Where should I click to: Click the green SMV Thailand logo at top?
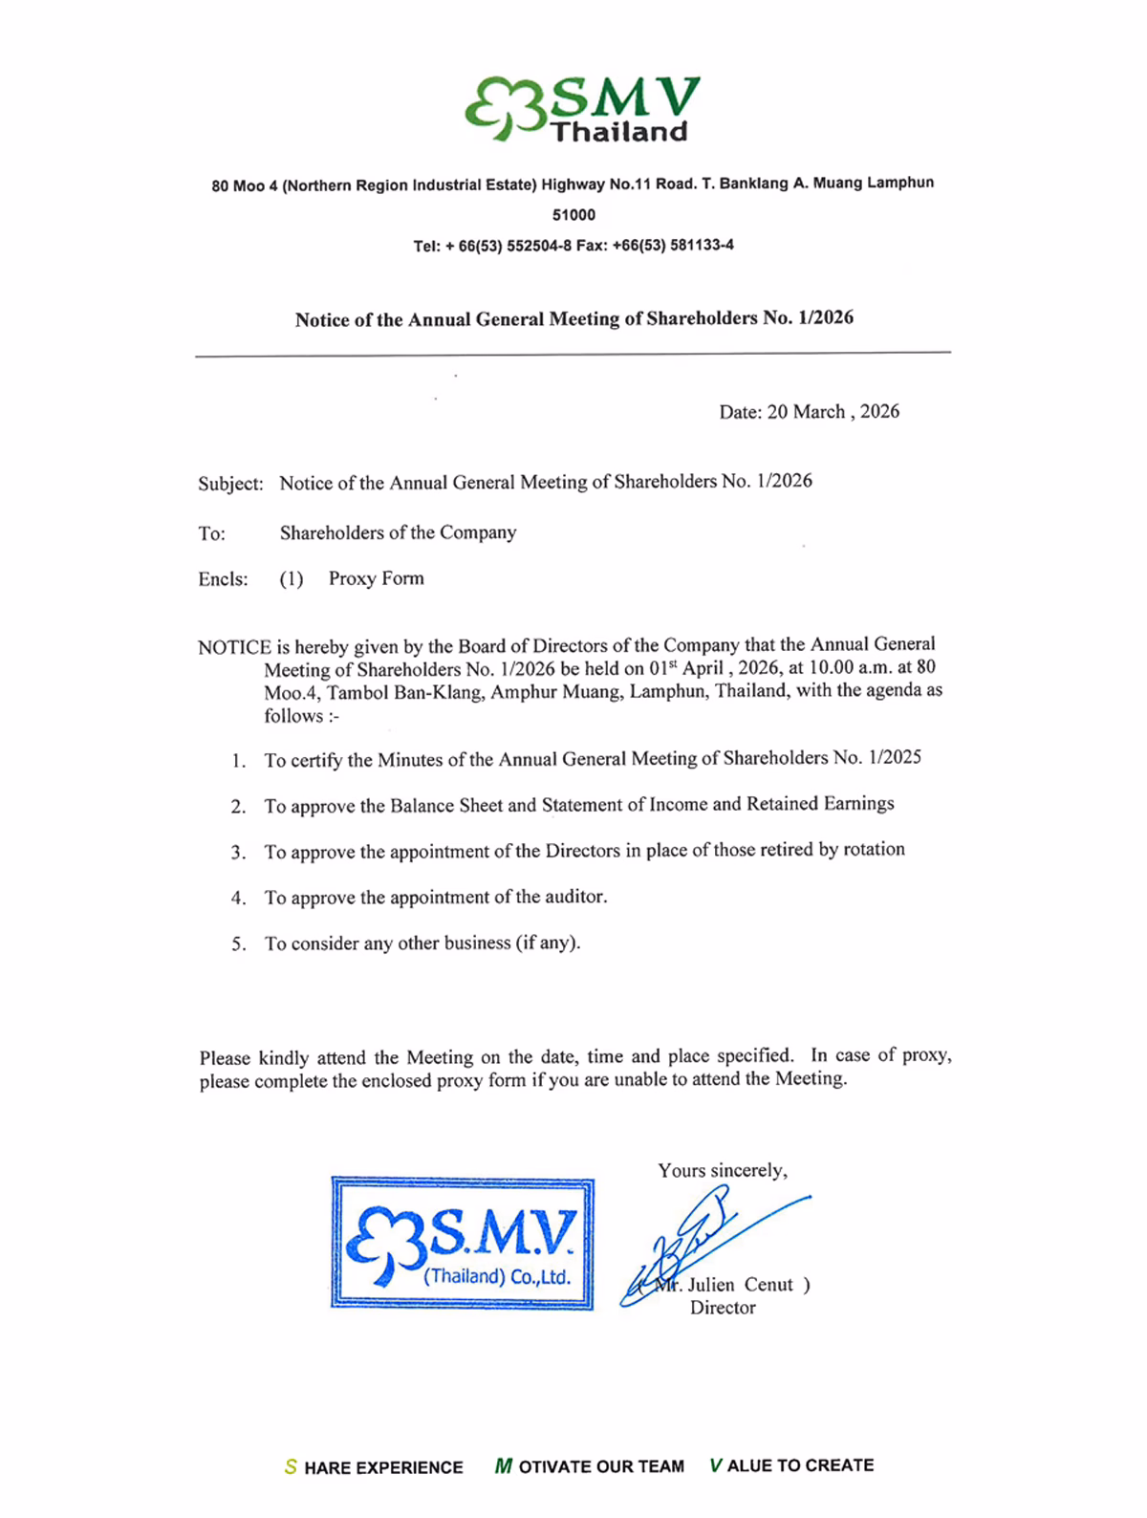tap(582, 108)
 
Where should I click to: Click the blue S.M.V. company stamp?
tap(463, 1243)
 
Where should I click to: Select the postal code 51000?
tap(573, 215)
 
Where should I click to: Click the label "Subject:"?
tap(230, 484)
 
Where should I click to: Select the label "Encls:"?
tap(223, 579)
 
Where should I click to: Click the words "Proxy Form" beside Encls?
tap(376, 578)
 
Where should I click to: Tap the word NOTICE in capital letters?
tap(234, 647)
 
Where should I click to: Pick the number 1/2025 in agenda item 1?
tap(895, 758)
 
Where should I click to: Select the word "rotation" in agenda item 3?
tap(873, 850)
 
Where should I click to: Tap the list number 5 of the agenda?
tap(238, 944)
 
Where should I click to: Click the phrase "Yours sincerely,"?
tap(723, 1171)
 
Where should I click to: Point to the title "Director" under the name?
tap(723, 1308)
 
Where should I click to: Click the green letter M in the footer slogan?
tap(503, 1466)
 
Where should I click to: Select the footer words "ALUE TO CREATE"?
tap(800, 1465)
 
